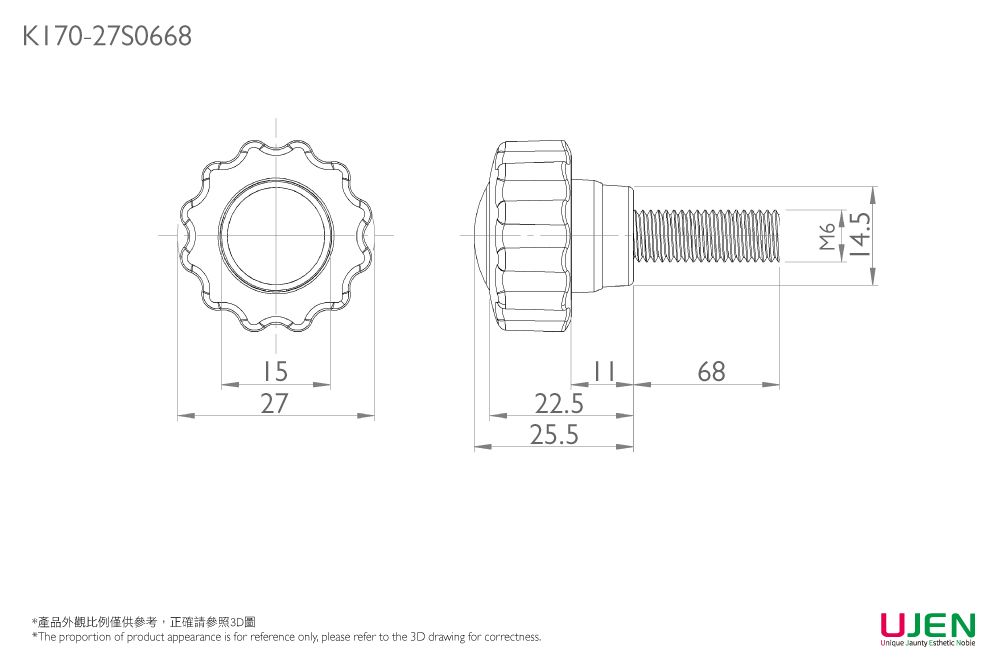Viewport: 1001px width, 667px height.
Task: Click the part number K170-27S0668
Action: click(106, 37)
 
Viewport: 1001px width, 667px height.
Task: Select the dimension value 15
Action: click(274, 371)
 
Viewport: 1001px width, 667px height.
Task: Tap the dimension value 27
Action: click(274, 403)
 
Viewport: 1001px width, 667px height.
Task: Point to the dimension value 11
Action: click(601, 371)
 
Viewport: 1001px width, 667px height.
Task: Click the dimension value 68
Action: click(711, 371)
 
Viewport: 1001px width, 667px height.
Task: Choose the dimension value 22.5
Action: click(559, 404)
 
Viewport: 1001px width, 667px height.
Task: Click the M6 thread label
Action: click(826, 237)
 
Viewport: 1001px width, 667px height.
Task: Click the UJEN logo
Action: click(927, 626)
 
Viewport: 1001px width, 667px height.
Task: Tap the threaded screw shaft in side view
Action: click(707, 236)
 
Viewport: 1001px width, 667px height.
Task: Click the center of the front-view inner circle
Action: click(276, 236)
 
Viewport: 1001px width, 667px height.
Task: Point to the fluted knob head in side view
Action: click(535, 236)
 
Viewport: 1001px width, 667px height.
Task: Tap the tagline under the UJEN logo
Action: click(927, 643)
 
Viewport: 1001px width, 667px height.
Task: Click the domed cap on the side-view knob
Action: click(480, 236)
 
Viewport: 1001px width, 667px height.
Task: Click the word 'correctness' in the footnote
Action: click(513, 637)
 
